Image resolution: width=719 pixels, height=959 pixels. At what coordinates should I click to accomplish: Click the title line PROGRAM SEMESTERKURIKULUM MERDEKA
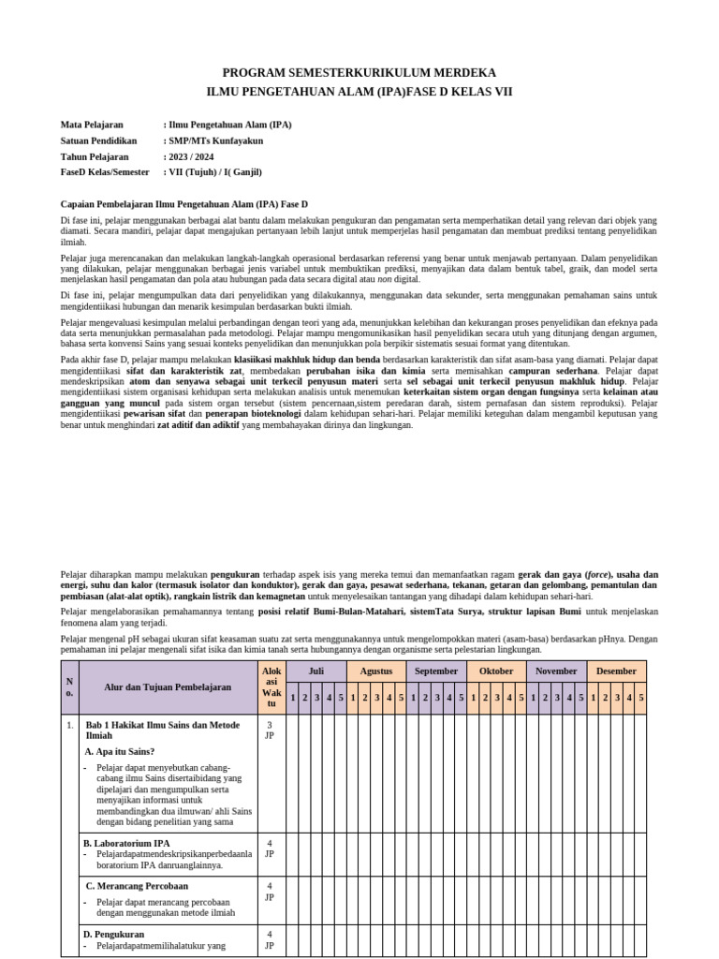pos(359,73)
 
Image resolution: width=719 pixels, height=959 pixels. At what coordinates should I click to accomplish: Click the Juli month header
pos(315,671)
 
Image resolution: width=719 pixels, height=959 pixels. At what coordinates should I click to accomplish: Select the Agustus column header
pos(376,671)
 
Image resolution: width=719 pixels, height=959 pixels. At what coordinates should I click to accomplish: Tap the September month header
pos(436,671)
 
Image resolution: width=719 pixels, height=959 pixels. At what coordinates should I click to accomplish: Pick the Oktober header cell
pos(496,671)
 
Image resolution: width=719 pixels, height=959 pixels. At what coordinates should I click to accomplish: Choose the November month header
pos(556,671)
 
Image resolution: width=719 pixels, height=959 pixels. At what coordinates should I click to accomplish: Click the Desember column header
pos(616,671)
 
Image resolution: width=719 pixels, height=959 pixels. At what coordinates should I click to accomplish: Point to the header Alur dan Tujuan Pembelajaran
pos(168,687)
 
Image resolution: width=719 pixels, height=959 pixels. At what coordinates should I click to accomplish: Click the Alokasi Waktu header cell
pos(271,686)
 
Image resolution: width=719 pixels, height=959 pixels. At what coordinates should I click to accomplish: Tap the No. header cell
pos(69,686)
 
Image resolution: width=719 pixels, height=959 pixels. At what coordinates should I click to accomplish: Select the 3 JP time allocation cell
pos(271,730)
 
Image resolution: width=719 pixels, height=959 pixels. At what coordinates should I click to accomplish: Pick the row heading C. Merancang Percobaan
pos(137,885)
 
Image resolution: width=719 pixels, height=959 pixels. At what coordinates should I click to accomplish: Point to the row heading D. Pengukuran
pos(114,934)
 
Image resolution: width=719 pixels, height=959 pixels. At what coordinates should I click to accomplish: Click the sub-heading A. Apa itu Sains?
pos(120,751)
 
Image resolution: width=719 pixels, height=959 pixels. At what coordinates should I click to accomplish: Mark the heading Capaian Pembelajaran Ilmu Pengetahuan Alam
pos(184,203)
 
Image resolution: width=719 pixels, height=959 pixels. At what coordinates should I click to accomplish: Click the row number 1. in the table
pos(69,725)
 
